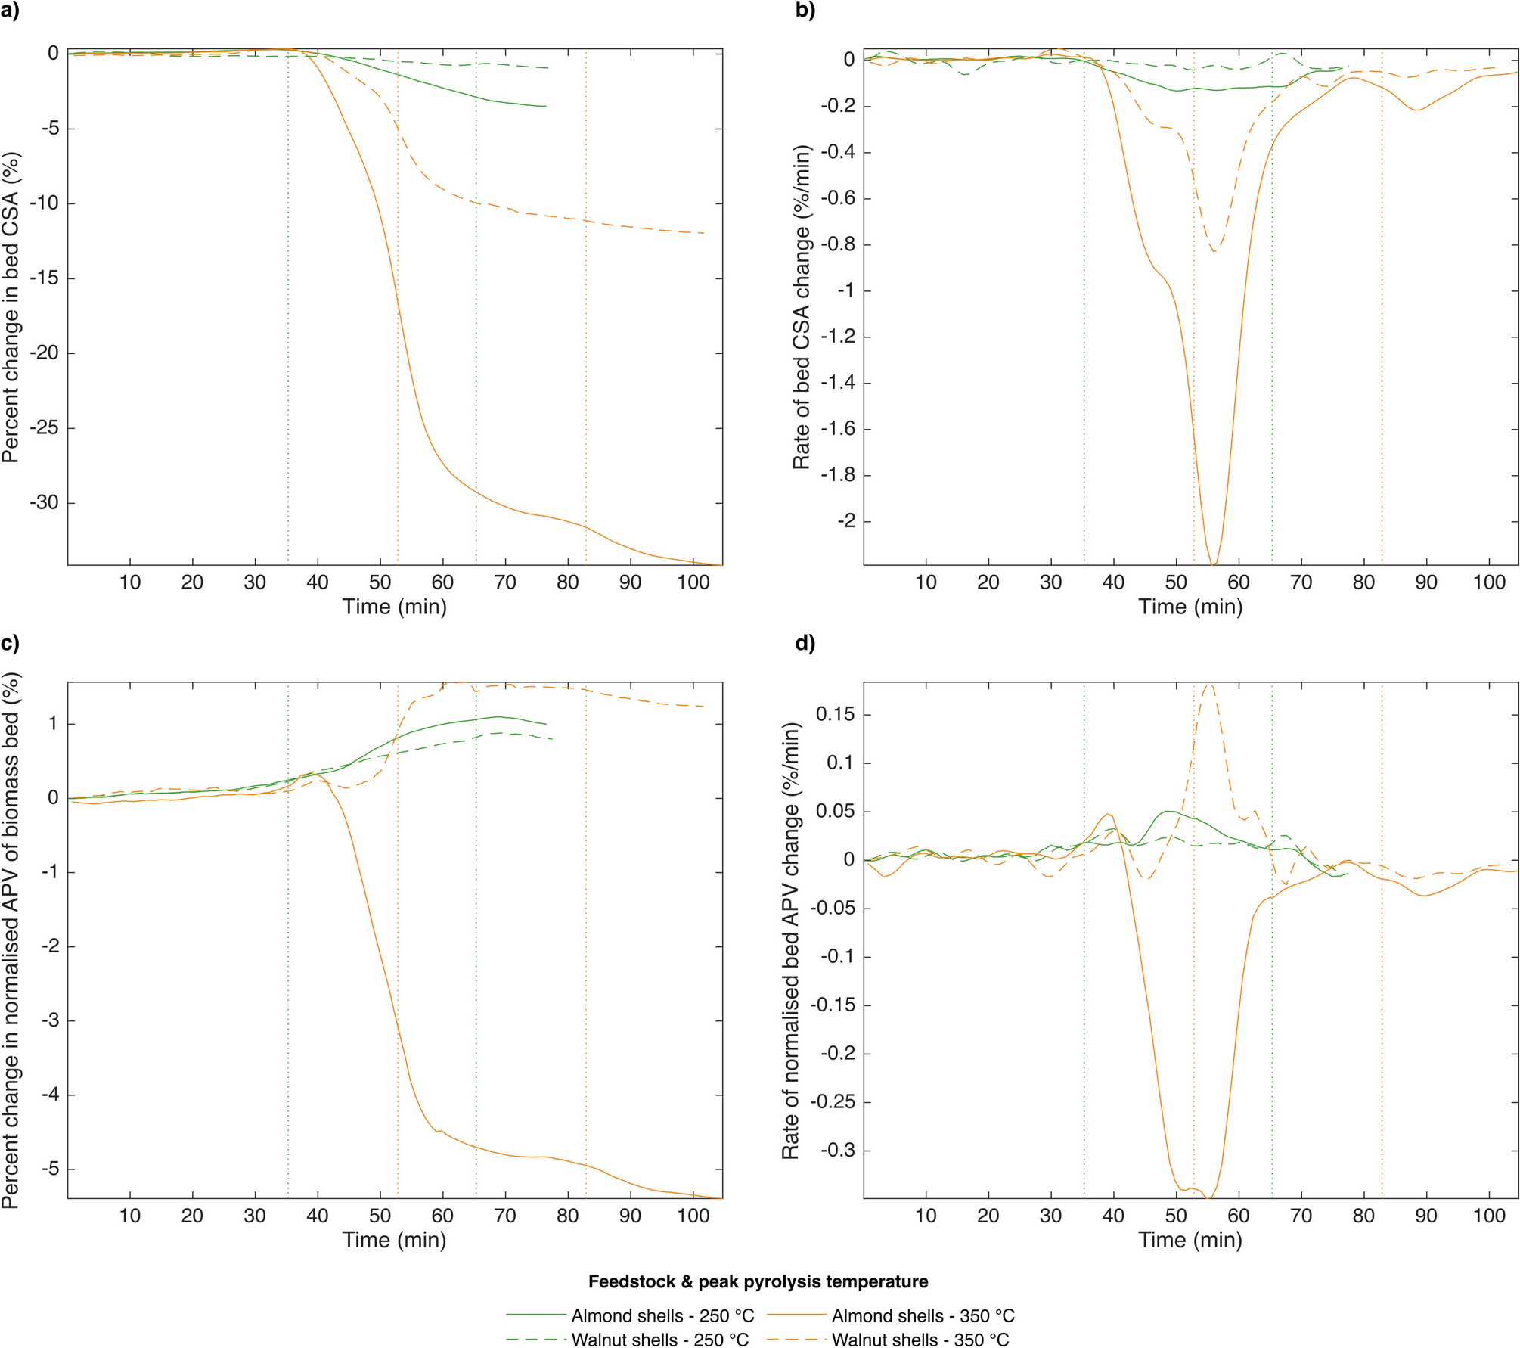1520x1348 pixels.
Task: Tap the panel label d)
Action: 805,644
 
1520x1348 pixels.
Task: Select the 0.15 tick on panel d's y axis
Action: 835,714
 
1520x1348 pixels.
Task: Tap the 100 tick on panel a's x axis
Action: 693,582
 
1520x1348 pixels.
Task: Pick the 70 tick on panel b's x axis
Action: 1301,582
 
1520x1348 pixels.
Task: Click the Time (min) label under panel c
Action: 394,1240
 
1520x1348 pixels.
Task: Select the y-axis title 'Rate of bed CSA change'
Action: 802,307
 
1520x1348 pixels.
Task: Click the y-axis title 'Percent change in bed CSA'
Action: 11,307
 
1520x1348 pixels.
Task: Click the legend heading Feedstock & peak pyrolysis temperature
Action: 758,1281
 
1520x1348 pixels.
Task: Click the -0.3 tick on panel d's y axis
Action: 835,1151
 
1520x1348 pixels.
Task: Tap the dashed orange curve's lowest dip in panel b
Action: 1214,250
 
